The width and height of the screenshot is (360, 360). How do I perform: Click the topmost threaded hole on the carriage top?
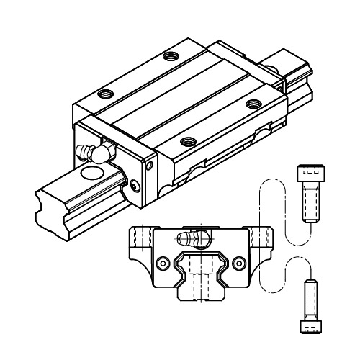(170, 55)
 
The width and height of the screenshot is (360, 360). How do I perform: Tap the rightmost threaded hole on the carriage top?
(251, 104)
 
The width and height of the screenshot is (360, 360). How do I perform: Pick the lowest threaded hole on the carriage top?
(188, 140)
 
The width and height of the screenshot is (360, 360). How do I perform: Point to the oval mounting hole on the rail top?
(93, 174)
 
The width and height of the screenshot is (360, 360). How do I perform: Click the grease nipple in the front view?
(191, 240)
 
